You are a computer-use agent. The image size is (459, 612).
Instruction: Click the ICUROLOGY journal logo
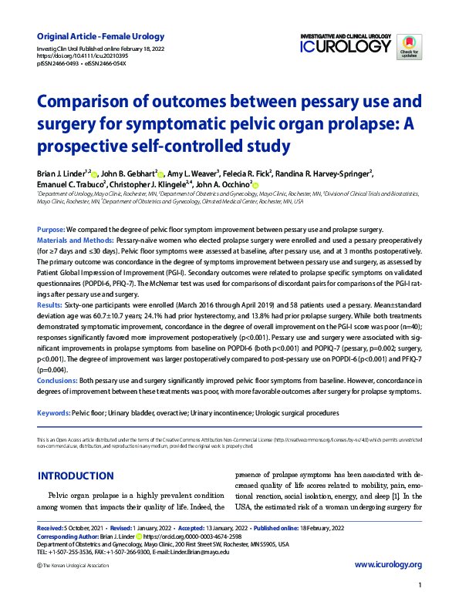pos(346,44)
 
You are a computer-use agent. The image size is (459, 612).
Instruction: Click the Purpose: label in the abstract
pos(51,230)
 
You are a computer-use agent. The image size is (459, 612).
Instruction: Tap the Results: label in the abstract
pos(50,306)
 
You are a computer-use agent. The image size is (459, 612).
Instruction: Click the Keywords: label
pos(53,414)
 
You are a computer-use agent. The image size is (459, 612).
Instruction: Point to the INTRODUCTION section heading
pos(76,476)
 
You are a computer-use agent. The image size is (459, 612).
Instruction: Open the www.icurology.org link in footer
pos(387,565)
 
